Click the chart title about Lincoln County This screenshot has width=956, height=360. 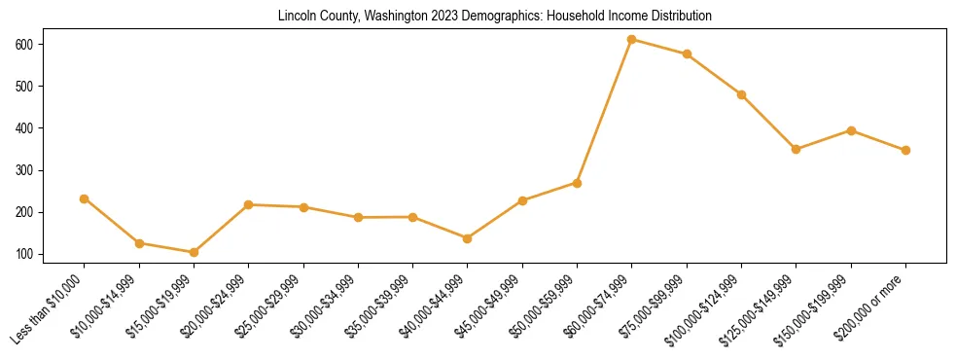(x=495, y=17)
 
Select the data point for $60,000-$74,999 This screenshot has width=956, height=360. (x=632, y=40)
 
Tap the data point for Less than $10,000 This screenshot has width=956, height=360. (x=85, y=198)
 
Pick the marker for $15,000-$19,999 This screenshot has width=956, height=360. (x=194, y=252)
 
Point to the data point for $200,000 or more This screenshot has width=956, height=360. (x=905, y=150)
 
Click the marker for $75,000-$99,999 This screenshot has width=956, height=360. (x=687, y=54)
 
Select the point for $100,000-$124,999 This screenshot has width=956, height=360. (x=741, y=94)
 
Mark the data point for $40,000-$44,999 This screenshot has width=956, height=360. (x=468, y=238)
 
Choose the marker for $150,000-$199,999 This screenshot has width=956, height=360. (x=851, y=130)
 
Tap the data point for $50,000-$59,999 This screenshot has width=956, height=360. (x=577, y=183)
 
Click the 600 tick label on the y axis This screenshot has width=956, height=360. (x=23, y=45)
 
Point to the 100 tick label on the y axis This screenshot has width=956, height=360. (x=23, y=255)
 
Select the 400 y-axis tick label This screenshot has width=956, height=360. (x=23, y=128)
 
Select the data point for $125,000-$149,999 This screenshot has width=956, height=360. (x=796, y=149)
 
